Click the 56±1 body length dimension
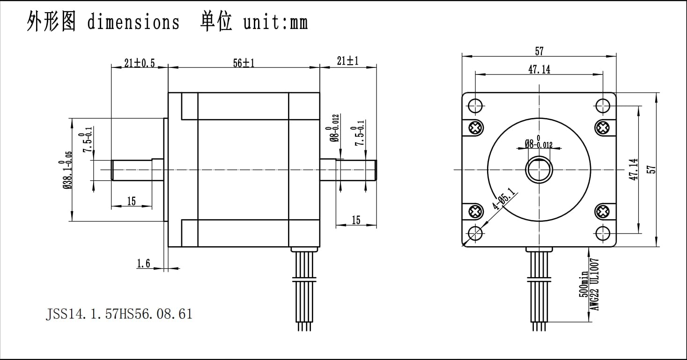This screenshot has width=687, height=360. point(244,63)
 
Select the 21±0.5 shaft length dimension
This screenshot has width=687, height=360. point(139,63)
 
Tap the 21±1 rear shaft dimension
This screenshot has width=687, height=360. point(347,60)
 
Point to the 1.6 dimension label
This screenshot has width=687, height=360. point(143,264)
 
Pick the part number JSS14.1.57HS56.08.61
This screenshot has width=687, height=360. point(119,313)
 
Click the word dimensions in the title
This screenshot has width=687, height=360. point(133,22)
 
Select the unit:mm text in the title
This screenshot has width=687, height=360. point(275,22)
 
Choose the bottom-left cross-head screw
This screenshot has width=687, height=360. point(476,212)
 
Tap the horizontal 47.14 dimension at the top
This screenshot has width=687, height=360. point(539,69)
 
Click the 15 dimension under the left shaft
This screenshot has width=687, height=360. point(131,201)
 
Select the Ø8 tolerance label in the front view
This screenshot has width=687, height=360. point(539,143)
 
